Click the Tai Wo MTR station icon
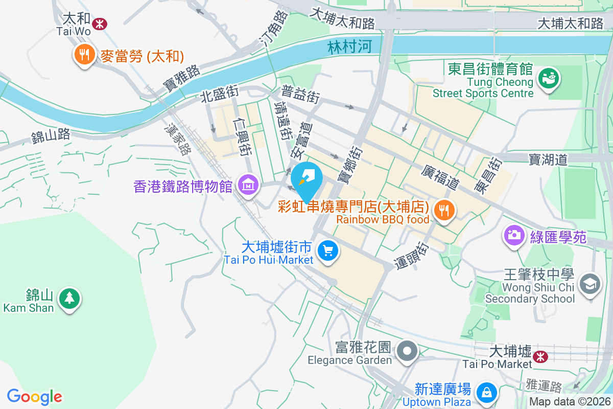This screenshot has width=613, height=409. click(100, 21)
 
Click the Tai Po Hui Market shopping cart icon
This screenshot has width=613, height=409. click(327, 251)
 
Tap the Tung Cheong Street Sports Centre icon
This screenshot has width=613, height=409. click(550, 78)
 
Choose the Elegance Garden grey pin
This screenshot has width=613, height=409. click(408, 351)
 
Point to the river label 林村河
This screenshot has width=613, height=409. click(349, 48)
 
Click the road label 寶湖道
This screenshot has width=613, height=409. click(549, 160)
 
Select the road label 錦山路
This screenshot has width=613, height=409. click(50, 135)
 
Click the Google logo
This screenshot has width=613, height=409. click(34, 397)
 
